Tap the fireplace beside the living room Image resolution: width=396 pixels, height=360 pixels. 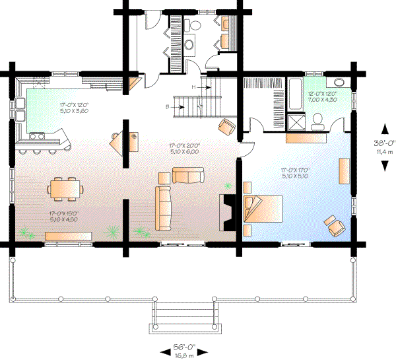228,211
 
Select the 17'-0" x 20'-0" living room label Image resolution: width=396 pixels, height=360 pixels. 183,149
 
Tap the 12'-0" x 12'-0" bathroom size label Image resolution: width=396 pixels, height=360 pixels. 322,96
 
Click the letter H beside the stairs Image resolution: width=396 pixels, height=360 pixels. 194,87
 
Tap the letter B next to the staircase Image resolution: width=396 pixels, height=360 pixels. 168,106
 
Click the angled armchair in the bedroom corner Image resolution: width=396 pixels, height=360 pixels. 335,225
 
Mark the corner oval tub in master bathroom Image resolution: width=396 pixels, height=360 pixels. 339,83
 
